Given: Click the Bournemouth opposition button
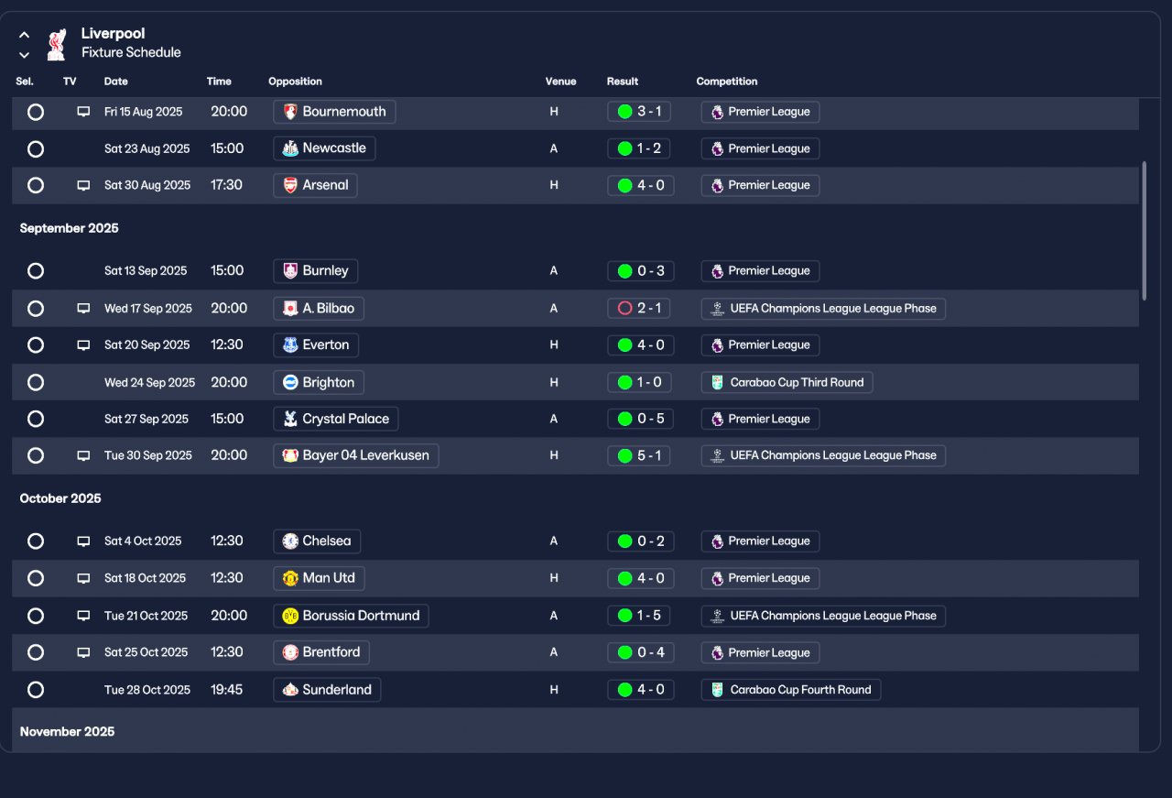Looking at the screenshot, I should (334, 112).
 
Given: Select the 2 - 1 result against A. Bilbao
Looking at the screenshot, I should (639, 309).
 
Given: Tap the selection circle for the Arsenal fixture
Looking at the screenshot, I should (36, 185).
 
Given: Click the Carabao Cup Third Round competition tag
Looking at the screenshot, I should (787, 382).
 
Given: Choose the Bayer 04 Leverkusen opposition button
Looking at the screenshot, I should (355, 455).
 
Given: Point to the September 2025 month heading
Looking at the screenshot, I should (70, 228).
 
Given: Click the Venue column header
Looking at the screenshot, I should (560, 82).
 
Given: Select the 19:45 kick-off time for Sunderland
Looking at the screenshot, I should (227, 689).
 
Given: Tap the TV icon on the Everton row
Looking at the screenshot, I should (83, 345).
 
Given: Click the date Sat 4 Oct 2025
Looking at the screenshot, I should (143, 541).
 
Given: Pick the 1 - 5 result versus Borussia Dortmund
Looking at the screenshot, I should (639, 616).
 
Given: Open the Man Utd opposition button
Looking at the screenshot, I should (320, 578).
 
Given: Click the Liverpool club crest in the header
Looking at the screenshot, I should (57, 44).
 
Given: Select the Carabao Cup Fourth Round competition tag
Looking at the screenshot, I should (791, 690).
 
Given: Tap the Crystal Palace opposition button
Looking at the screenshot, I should (335, 419).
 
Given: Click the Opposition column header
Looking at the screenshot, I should (295, 82).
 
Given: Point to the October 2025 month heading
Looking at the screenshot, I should (60, 498).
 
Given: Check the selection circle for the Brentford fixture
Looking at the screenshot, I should (36, 652).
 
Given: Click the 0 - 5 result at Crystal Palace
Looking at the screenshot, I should (639, 419).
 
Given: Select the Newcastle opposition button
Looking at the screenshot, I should (324, 148).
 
